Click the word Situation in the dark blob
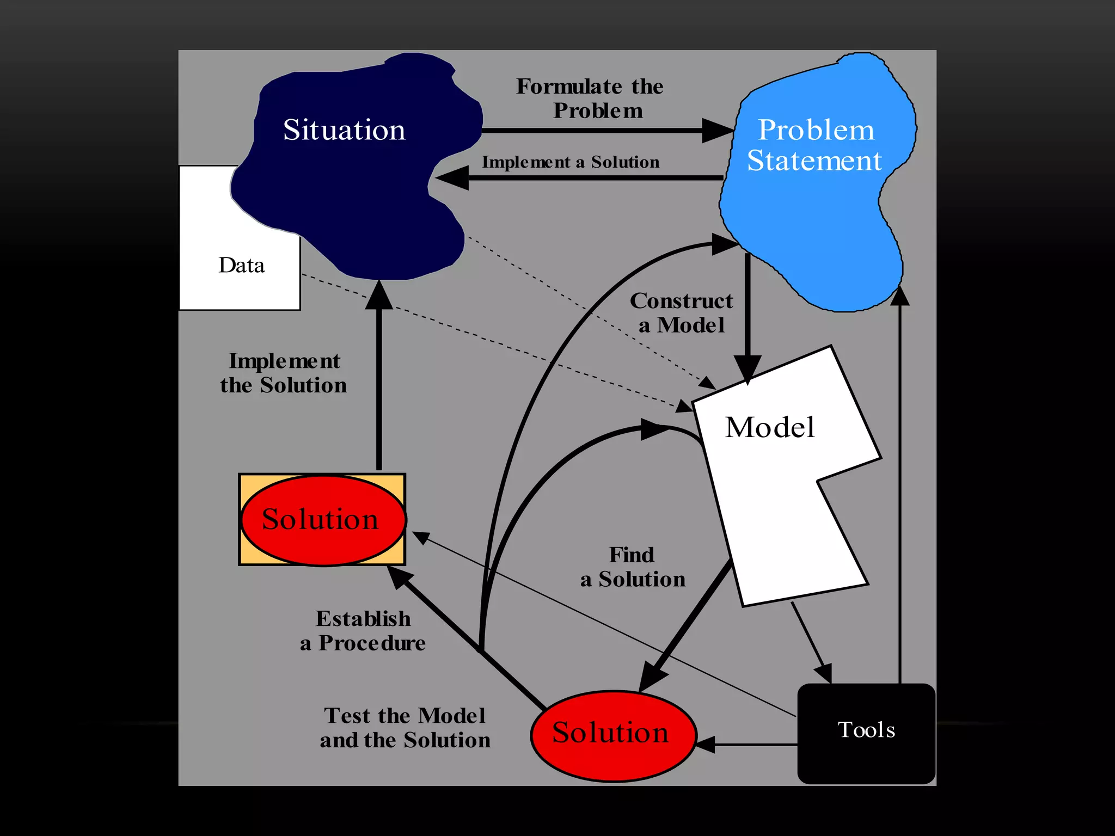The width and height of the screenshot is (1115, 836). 344,130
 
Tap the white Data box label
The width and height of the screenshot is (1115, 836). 241,265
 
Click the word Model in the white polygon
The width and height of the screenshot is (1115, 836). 770,427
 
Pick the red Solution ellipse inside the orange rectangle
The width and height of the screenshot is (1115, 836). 322,520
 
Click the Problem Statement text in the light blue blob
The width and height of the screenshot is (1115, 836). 815,145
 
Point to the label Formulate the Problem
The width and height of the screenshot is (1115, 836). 591,99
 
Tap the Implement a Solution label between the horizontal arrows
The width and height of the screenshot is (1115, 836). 570,162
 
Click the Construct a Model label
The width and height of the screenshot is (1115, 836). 681,313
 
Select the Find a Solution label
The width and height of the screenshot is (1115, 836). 633,567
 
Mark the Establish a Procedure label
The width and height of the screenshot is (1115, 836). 363,631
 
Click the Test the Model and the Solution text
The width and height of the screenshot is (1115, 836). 405,728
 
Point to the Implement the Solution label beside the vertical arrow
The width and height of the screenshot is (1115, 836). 284,373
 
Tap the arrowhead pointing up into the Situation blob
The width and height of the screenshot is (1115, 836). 379,296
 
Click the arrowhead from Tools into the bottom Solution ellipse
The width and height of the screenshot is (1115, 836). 705,744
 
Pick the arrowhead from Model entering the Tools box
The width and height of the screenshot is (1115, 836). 824,673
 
